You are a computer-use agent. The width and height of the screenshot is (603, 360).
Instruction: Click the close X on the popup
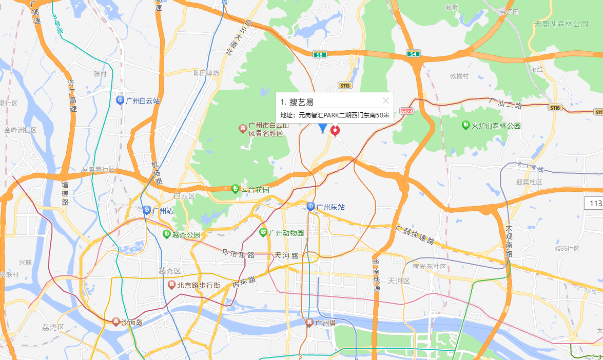point(386,101)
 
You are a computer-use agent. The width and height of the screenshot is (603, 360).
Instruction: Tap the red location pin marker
point(336,131)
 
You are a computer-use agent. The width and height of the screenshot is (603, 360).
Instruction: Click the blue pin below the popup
point(323,128)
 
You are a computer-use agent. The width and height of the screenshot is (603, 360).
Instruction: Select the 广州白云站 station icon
point(120,101)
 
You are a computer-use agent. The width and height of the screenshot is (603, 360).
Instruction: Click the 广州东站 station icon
point(311,207)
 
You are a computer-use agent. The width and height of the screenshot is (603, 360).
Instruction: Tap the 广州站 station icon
point(147,210)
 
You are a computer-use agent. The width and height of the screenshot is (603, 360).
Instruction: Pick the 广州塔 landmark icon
point(309,323)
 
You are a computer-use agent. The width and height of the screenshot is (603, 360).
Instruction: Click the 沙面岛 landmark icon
point(116,322)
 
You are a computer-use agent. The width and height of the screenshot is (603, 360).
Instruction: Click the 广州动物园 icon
point(263,233)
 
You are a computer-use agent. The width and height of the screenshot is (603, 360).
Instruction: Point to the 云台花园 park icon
point(235,189)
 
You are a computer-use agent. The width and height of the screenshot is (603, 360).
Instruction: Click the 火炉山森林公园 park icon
point(465,125)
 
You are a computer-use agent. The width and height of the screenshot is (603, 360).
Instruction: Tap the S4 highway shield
point(413,53)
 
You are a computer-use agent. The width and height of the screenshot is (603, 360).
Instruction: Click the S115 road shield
point(344,85)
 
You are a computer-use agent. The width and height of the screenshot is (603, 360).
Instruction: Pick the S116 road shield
point(555,108)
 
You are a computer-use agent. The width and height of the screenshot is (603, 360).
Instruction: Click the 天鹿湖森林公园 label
point(560,24)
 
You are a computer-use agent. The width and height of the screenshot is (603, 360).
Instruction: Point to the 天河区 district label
point(399,281)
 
